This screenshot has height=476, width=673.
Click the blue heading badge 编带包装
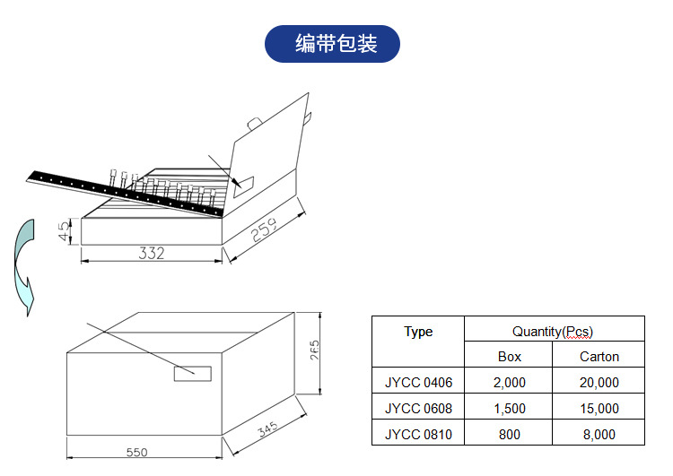(332, 44)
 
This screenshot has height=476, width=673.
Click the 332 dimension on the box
(152, 253)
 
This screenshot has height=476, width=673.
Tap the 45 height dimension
(61, 231)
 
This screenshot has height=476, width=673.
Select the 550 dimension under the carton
(136, 453)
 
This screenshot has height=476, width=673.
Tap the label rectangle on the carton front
(192, 373)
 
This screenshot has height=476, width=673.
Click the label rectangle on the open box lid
(243, 184)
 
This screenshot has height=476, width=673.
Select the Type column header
(418, 332)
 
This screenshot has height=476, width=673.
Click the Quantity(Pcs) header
(553, 332)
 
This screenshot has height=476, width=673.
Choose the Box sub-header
(509, 357)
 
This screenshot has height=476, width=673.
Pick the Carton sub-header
(599, 357)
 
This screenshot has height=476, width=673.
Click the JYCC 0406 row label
(418, 383)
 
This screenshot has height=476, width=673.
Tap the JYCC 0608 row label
(418, 409)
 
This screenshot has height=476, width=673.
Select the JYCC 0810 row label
(418, 435)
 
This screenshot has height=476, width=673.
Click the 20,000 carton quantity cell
(599, 383)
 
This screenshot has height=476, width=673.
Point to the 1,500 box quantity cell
(509, 409)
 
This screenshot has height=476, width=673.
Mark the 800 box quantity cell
(509, 435)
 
